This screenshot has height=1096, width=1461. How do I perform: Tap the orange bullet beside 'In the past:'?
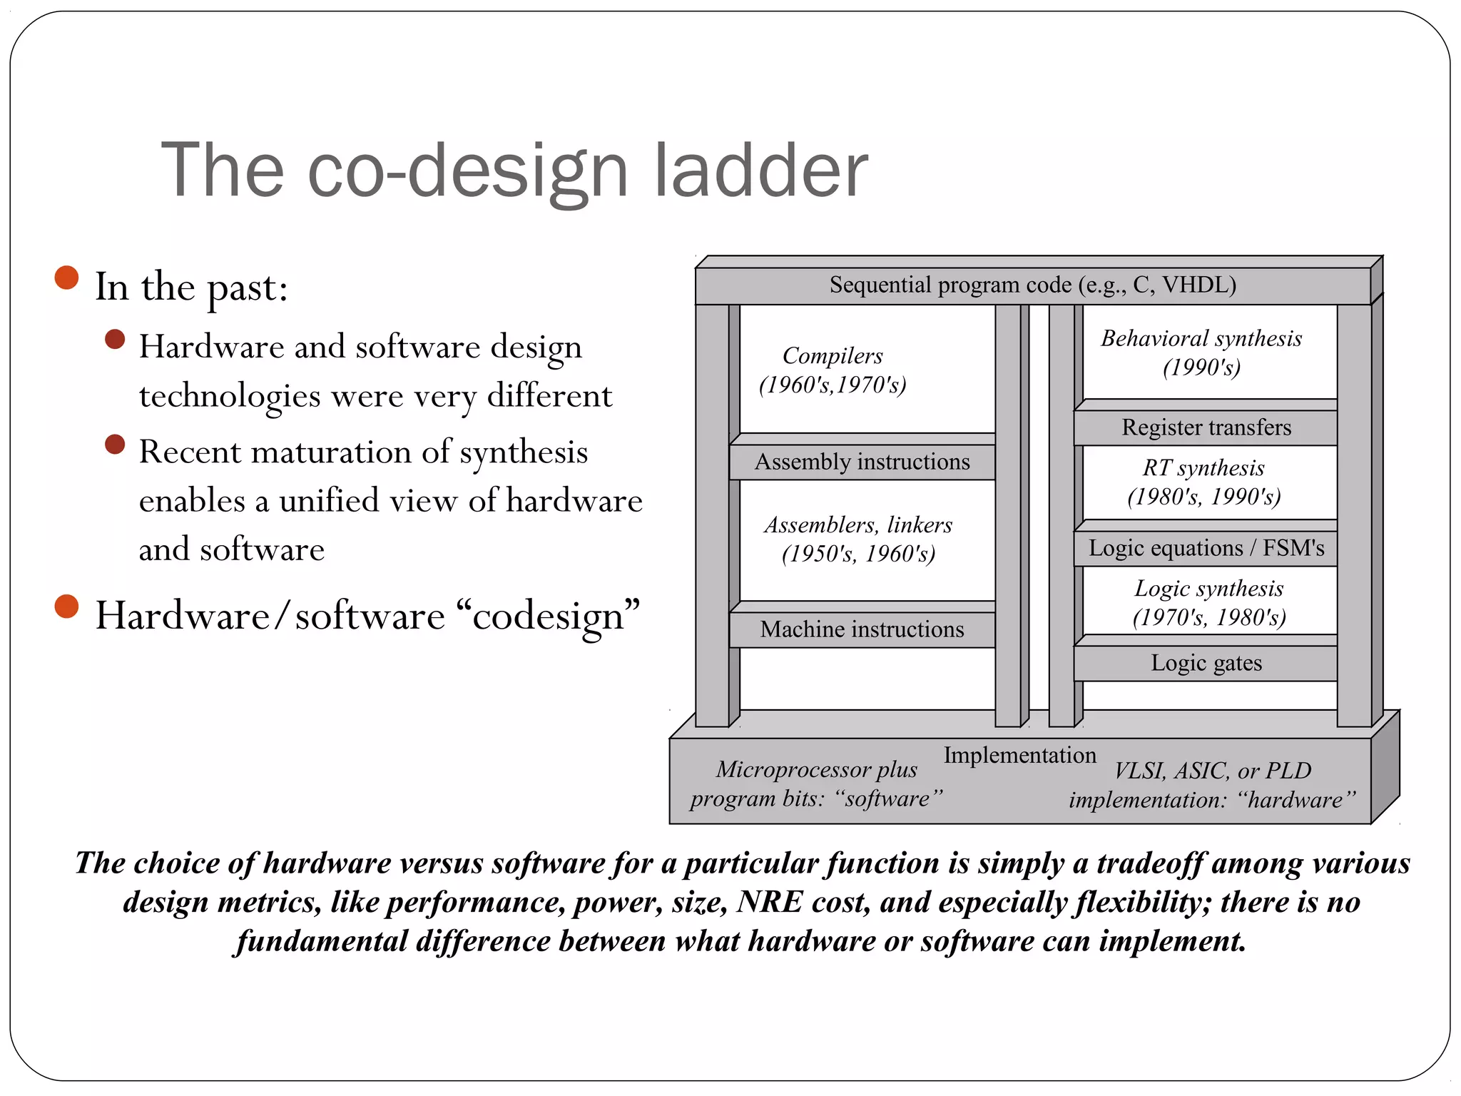pos(66,278)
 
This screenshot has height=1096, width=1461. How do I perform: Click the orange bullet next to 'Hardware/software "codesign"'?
pos(66,607)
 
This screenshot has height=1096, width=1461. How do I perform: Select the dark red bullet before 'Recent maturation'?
pos(115,445)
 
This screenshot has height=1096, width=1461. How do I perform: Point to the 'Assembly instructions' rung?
pos(862,462)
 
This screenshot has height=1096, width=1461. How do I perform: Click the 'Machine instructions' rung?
pos(862,629)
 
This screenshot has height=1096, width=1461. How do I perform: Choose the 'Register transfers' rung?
pos(1206,427)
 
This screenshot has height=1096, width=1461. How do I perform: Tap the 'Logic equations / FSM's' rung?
pos(1206,548)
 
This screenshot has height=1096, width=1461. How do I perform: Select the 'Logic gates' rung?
pos(1206,663)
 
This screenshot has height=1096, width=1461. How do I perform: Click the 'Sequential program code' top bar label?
pos(1032,285)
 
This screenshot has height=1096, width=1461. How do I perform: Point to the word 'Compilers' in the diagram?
pos(833,355)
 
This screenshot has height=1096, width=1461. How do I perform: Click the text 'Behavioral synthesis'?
pos(1201,338)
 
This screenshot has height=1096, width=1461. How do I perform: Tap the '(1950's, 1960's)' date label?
pos(858,554)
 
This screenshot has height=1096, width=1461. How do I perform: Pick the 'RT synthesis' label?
pos(1203,468)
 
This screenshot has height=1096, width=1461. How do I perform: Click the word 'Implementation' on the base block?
pos(1019,755)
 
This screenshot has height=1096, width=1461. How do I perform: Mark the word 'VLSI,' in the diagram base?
pos(1140,771)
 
